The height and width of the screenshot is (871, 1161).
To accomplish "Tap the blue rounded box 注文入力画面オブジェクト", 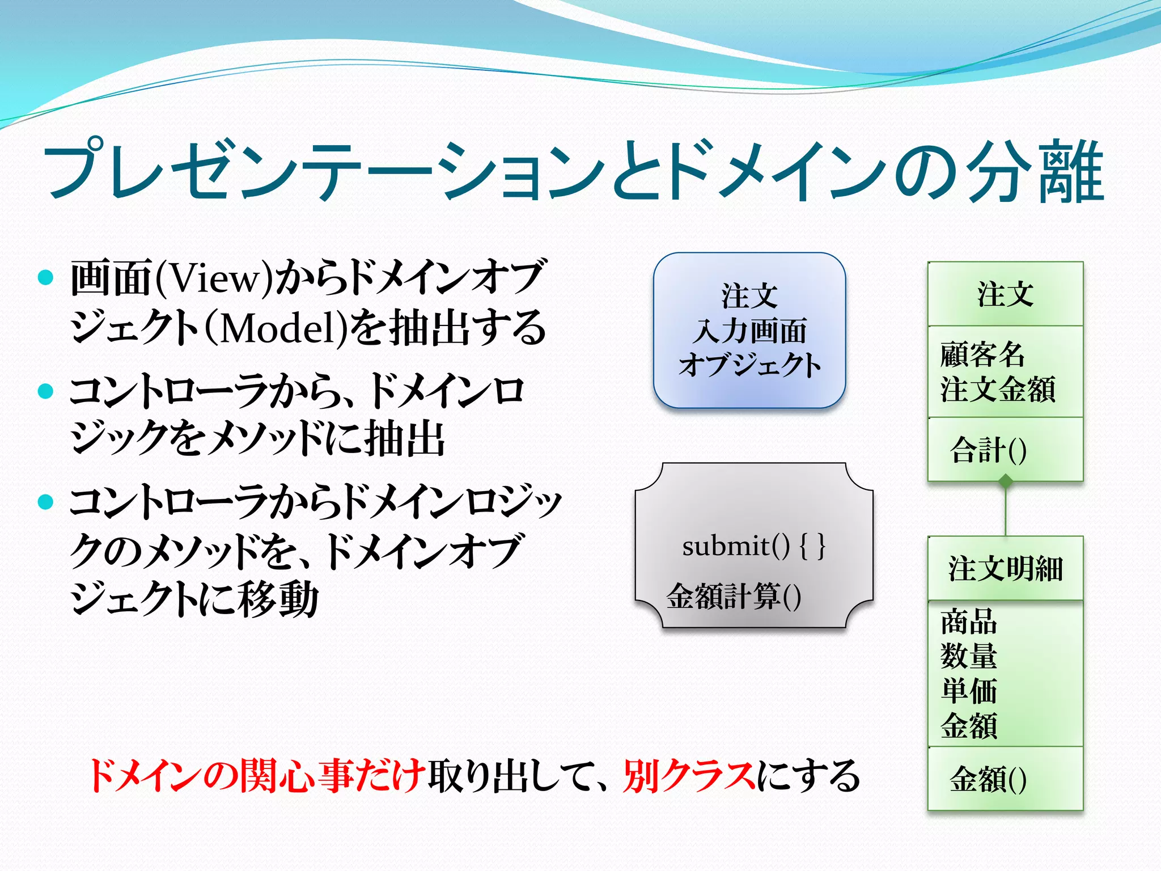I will (749, 331).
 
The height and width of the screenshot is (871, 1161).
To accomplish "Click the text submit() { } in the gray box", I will (753, 547).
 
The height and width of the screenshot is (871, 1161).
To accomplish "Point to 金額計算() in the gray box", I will (734, 597).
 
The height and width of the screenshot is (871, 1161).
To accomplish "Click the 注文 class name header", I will (1005, 294).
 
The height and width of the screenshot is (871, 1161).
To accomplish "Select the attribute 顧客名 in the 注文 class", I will (982, 354).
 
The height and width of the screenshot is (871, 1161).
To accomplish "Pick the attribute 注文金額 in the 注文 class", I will (998, 390).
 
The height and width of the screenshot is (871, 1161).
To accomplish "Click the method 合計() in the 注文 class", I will (988, 450).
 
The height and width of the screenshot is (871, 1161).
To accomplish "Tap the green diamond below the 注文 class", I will (1005, 483).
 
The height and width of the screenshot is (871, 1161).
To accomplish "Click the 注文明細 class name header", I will (1005, 568).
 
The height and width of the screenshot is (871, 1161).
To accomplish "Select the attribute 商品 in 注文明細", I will (968, 622).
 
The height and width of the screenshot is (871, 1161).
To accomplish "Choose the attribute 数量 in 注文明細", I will (968, 656).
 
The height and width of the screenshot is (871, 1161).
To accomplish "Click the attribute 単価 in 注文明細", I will (968, 691).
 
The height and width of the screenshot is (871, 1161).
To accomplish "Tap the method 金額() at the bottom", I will (988, 779).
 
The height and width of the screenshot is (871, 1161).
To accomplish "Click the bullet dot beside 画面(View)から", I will (45, 278).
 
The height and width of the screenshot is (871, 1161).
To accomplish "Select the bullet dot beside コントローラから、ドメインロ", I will (45, 391).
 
